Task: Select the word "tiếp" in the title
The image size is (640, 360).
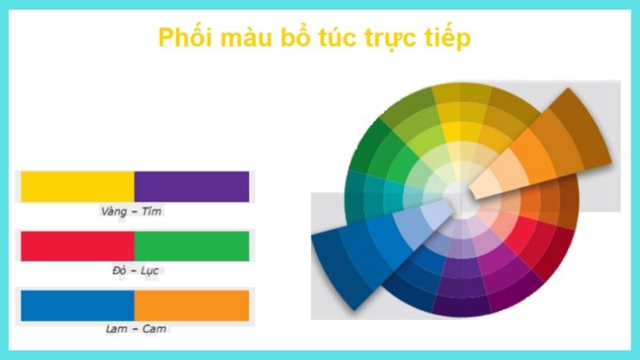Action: [444, 38]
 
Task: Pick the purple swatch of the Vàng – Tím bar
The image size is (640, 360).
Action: [192, 186]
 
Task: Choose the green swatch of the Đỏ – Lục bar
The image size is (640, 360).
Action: [192, 246]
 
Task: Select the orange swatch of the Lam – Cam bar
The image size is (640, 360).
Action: [192, 306]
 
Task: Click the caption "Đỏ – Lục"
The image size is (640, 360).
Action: [133, 270]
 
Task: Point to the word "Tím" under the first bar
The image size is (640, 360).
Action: [152, 211]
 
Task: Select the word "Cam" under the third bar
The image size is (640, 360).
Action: [155, 329]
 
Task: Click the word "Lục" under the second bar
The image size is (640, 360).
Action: [149, 270]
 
